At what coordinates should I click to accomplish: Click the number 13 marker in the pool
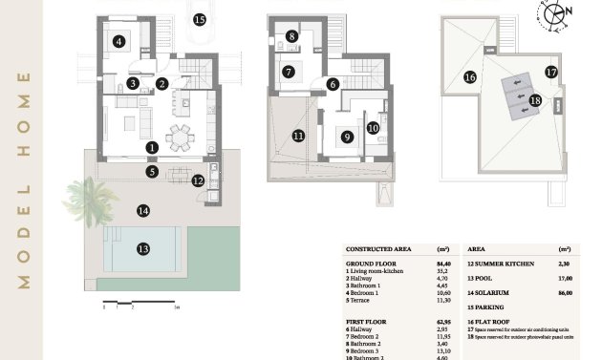[142, 248]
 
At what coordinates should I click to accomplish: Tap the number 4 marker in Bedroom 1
[118, 41]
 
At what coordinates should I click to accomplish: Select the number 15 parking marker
[200, 18]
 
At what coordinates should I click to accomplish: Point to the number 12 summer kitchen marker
[198, 179]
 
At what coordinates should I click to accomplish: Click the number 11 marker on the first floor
[299, 136]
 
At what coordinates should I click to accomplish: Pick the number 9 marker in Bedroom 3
[347, 137]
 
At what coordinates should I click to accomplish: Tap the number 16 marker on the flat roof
[469, 77]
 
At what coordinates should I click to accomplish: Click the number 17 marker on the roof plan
[551, 71]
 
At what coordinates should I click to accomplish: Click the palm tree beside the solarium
[84, 195]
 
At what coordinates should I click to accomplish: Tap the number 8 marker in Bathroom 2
[291, 36]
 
